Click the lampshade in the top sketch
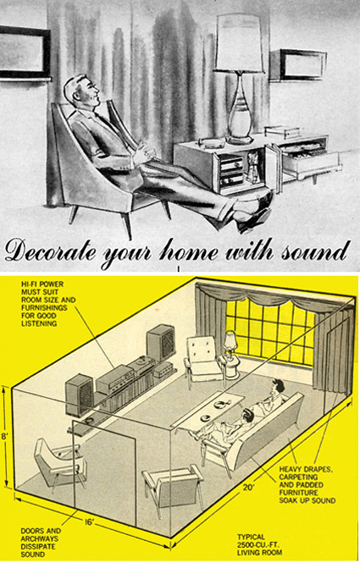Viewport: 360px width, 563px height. (239, 42)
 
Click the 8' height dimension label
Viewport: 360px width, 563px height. (4, 438)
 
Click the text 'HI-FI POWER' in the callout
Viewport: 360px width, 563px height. (42, 284)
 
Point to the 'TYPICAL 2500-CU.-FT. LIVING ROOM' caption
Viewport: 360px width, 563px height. (258, 544)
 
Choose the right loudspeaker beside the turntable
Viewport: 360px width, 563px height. (161, 342)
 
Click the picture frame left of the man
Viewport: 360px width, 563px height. (25, 52)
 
